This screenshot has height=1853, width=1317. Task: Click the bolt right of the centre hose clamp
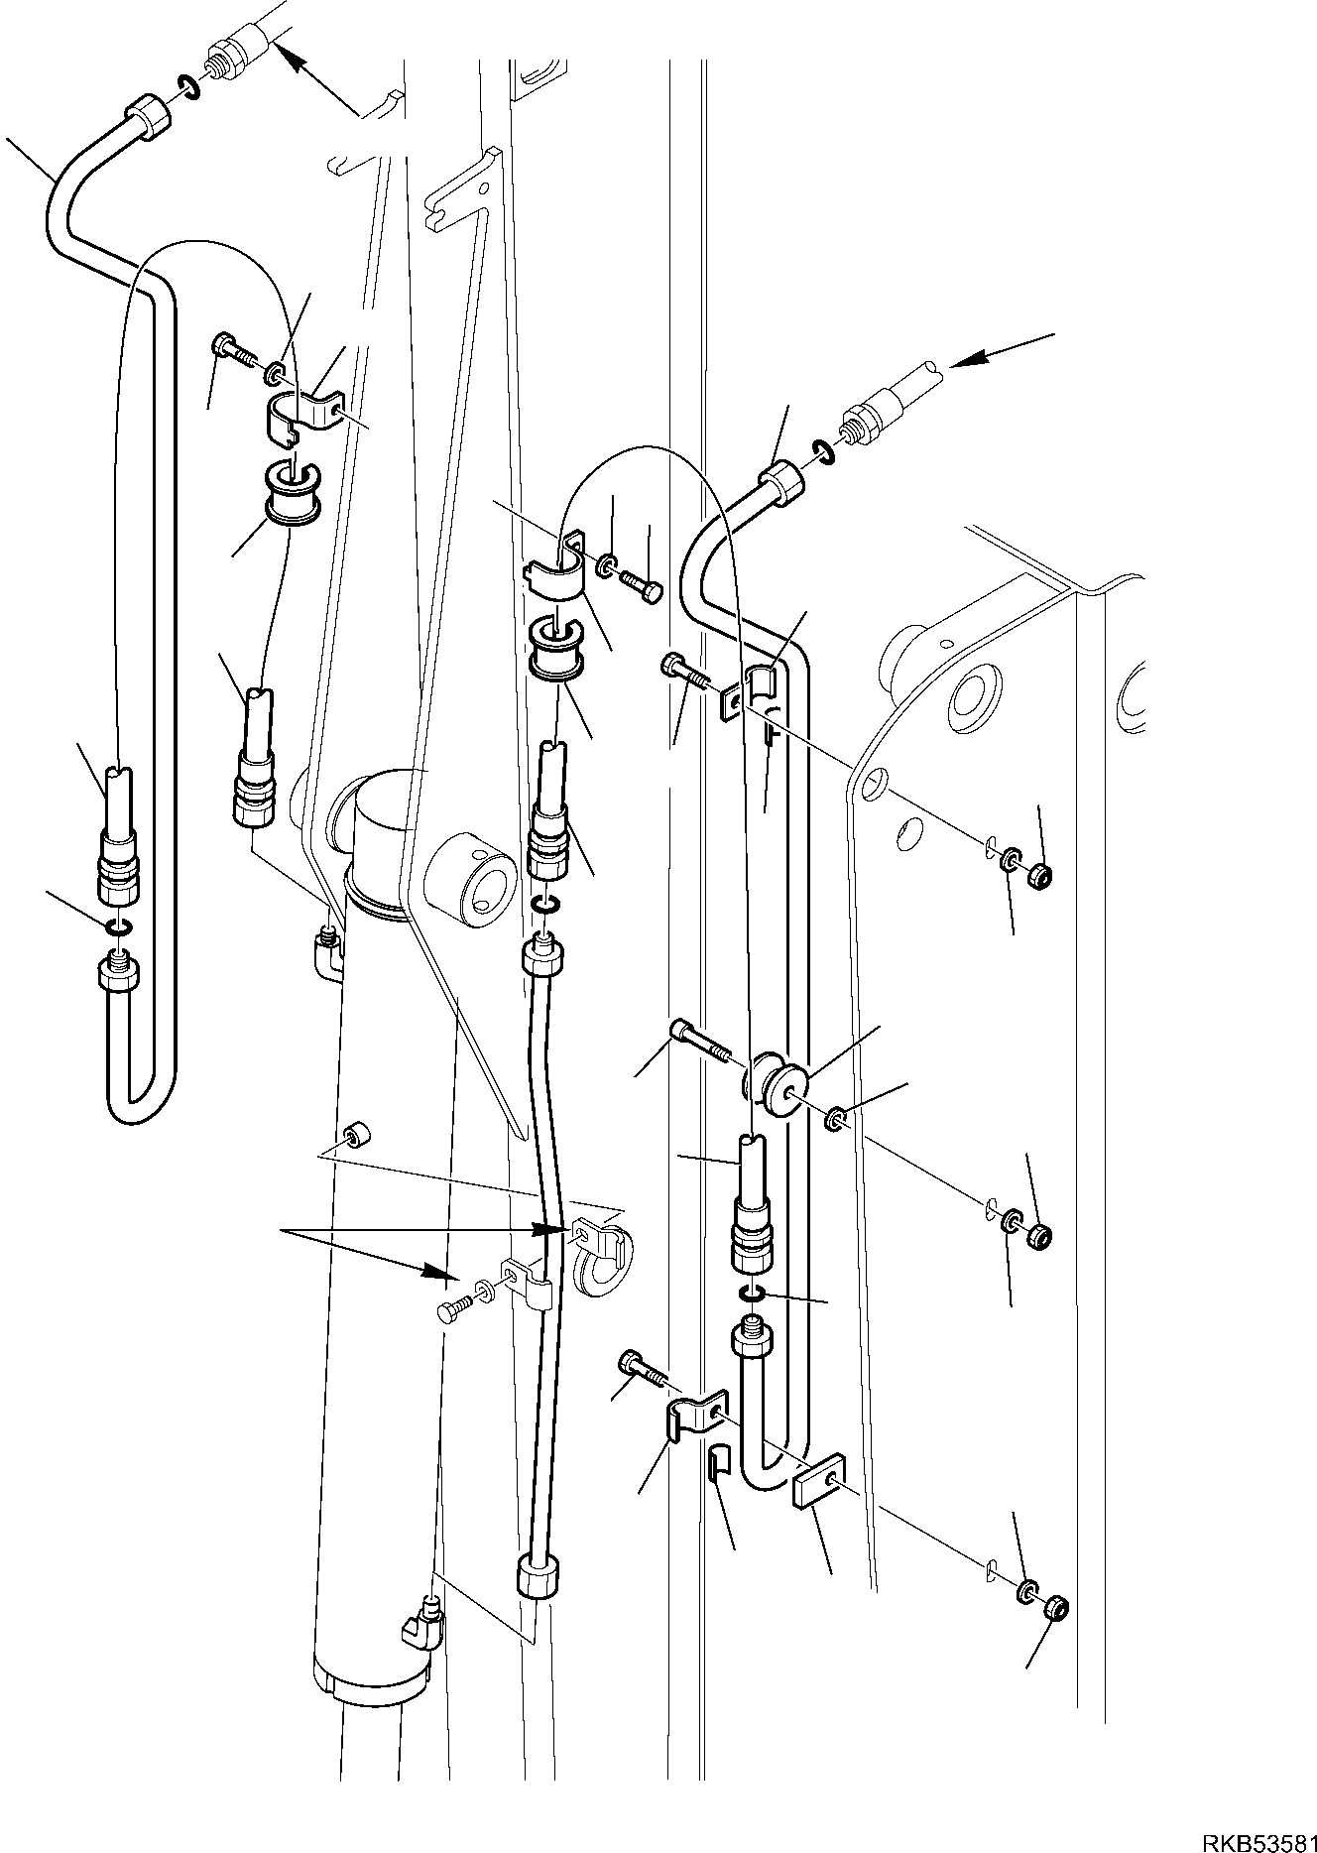(x=641, y=585)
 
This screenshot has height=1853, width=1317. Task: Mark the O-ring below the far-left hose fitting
(x=117, y=926)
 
